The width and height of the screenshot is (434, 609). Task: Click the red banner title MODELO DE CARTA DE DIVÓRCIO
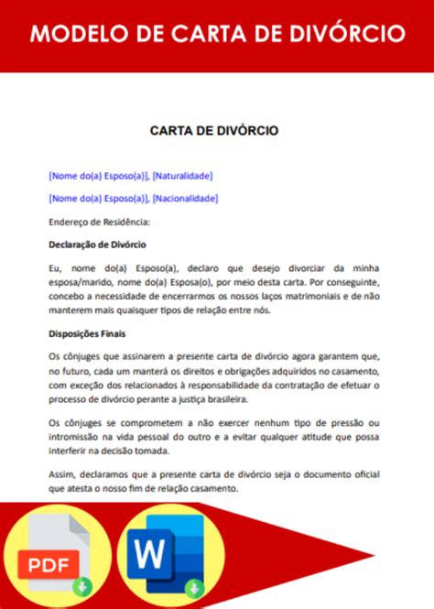pyautogui.click(x=217, y=35)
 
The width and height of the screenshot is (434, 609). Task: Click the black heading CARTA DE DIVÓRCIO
pyautogui.click(x=214, y=131)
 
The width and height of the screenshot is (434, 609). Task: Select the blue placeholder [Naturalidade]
pyautogui.click(x=182, y=175)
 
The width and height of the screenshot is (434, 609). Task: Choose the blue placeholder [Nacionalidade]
pyautogui.click(x=185, y=198)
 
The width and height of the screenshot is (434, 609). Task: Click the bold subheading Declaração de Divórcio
pyautogui.click(x=97, y=245)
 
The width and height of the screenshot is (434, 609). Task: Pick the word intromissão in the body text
pyautogui.click(x=74, y=437)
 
